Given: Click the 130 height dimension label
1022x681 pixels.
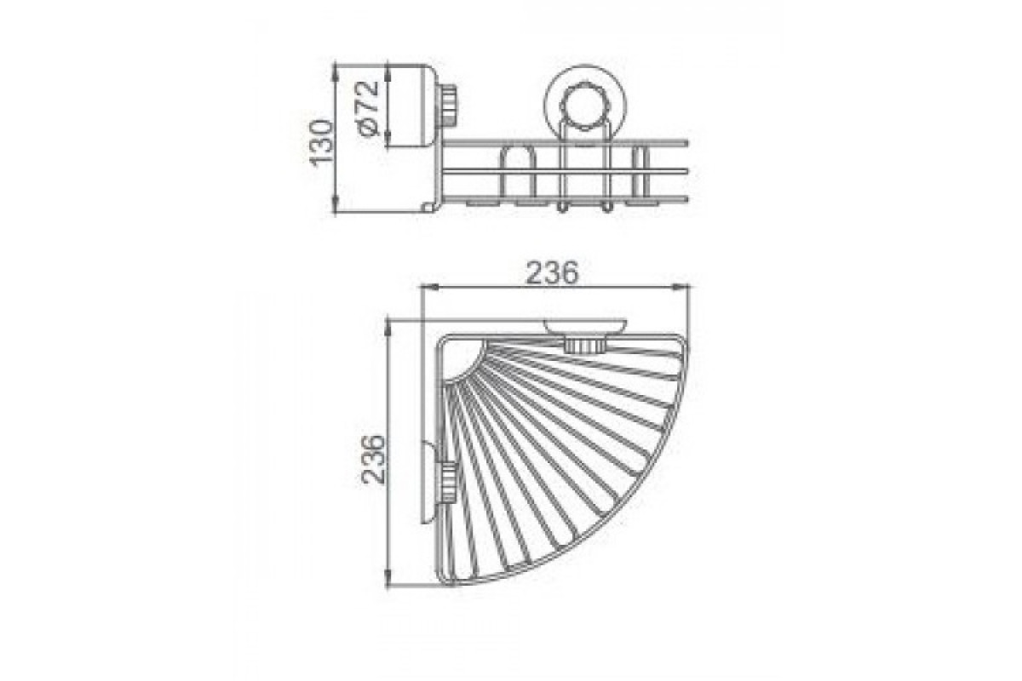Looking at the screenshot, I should pos(321,141).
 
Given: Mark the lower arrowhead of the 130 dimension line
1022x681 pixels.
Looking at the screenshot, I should pos(336,207).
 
